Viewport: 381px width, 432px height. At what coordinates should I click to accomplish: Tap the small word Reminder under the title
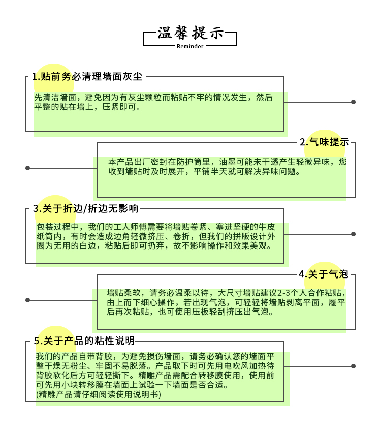click(x=190, y=46)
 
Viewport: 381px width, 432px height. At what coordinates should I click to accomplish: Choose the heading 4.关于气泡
click(x=323, y=274)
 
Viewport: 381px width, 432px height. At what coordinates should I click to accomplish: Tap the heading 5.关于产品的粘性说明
click(x=84, y=341)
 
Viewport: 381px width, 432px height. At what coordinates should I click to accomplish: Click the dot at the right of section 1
click(x=354, y=102)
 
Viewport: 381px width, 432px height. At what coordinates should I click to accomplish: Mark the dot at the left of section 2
click(x=28, y=168)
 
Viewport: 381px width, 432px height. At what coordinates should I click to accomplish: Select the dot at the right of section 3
click(x=354, y=234)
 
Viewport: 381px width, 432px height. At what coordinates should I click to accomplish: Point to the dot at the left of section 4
click(x=28, y=300)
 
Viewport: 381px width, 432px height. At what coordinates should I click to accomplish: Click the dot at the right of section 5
click(x=354, y=366)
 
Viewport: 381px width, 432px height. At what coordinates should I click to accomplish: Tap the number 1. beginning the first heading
click(x=36, y=77)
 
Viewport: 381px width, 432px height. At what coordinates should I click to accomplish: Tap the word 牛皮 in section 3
click(x=267, y=227)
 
